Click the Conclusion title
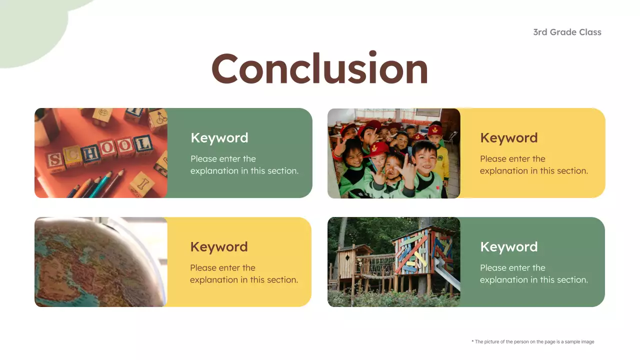[319, 68]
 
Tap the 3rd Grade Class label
[567, 32]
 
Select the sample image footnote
[533, 341]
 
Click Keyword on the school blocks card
[219, 137]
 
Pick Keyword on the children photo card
[509, 137]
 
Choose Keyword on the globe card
[219, 246]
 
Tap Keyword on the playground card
[509, 246]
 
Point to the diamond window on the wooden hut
[347, 257]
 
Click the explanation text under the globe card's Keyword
[244, 273]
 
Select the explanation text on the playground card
[534, 273]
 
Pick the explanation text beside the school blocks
[244, 164]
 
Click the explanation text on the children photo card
[534, 164]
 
